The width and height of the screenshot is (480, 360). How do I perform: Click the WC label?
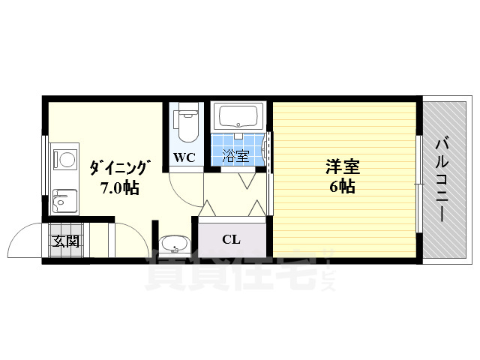[x=184, y=157]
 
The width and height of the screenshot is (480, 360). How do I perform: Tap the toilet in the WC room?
[x=186, y=123]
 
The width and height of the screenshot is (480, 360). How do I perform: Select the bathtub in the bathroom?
[x=238, y=116]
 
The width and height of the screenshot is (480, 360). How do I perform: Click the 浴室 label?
[x=235, y=155]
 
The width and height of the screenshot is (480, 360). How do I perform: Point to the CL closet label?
[x=232, y=239]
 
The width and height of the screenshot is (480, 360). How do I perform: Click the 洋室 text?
[x=343, y=167]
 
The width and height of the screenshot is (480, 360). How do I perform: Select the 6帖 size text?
[x=342, y=186]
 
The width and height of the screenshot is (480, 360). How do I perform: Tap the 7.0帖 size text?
[x=120, y=187]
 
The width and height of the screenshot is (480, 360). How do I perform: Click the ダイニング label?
[x=120, y=167]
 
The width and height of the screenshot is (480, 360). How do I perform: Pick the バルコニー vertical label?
[x=442, y=180]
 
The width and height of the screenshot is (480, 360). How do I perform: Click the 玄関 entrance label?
[x=67, y=241]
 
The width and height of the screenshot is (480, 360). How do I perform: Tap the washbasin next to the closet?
[x=175, y=244]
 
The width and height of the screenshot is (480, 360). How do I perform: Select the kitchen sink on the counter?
[x=64, y=201]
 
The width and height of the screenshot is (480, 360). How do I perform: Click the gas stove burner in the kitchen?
[x=65, y=159]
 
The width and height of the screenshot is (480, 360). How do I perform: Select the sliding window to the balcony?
[x=419, y=184]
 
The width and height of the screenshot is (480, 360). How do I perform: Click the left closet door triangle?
[x=208, y=208]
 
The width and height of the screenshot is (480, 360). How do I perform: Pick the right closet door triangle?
[x=256, y=208]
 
